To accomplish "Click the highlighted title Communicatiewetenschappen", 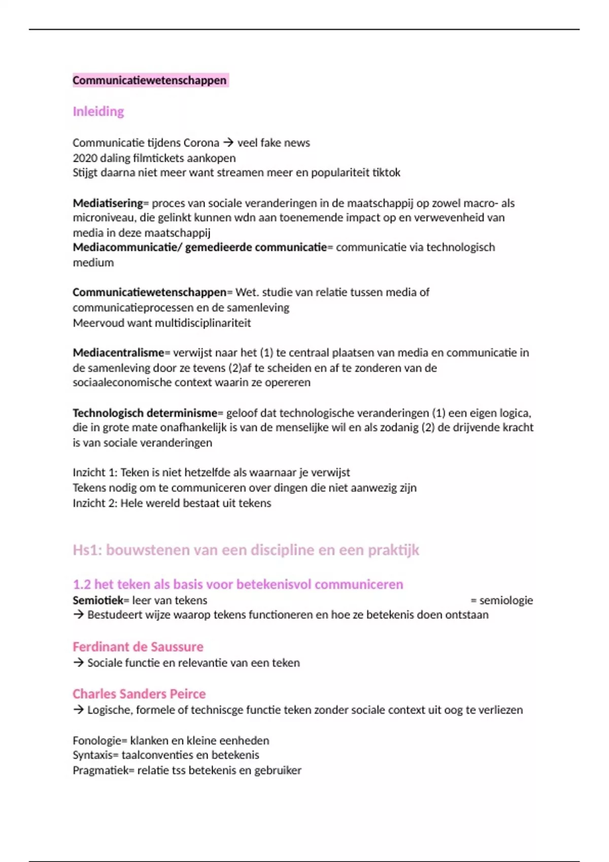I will (150, 80).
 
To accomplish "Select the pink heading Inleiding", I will (98, 112).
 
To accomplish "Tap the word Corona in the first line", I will (201, 143).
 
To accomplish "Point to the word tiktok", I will (386, 173).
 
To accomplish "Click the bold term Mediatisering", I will (108, 203).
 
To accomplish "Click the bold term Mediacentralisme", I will (118, 353).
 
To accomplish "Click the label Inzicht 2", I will (95, 503).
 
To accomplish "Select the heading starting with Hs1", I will (246, 550).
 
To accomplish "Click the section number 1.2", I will (82, 585).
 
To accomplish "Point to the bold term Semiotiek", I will (98, 600).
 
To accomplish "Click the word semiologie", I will (506, 600).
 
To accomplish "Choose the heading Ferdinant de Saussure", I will (138, 647).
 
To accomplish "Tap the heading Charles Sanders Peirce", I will (139, 694).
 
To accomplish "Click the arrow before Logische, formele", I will (78, 710).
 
